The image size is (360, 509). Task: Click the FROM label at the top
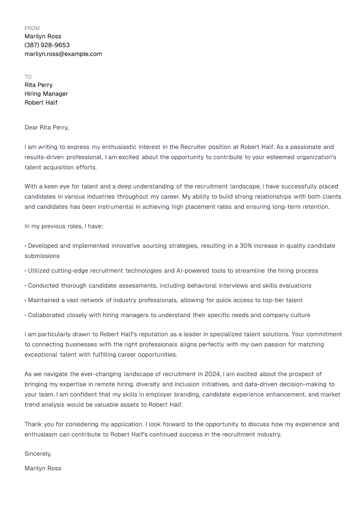32,28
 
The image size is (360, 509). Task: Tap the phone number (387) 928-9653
47,45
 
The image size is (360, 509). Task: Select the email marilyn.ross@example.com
63,54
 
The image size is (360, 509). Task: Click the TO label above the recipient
28,77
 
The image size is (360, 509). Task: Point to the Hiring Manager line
46,94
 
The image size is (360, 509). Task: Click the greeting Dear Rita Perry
46,128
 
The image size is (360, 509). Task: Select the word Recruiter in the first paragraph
193,147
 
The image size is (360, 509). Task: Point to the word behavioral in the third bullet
201,286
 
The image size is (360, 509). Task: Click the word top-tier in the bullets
274,300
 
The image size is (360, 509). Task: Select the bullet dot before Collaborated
26,315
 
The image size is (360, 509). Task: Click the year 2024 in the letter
212,374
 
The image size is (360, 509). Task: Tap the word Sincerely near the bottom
38,454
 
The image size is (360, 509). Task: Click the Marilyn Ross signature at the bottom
43,468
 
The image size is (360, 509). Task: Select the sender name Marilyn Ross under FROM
43,36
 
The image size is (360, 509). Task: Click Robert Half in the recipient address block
41,103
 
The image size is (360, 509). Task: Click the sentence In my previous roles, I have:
64,226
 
